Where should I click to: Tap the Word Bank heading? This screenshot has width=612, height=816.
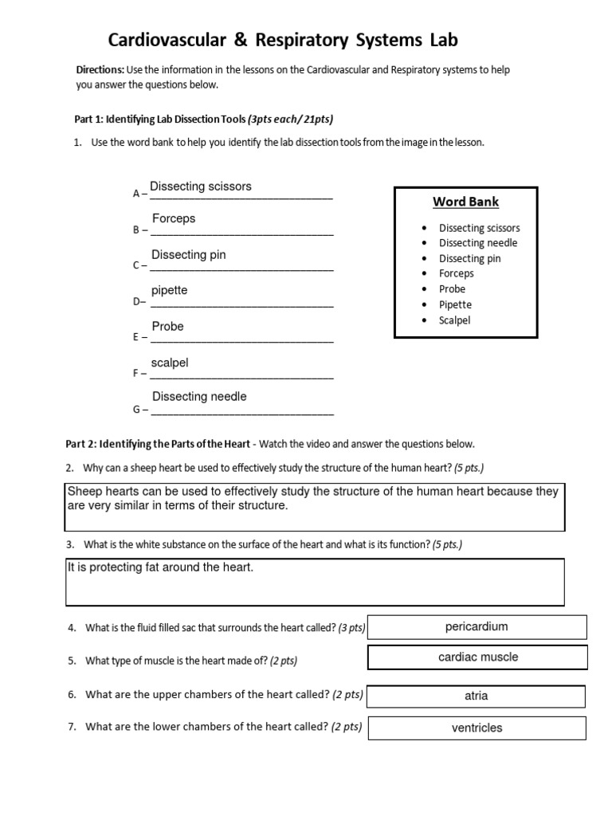pos(465,202)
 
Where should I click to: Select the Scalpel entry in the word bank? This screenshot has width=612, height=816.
pos(454,320)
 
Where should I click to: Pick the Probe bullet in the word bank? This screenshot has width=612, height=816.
pos(452,289)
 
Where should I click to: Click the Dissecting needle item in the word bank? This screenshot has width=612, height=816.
pos(477,243)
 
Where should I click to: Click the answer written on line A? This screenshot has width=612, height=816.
pos(201,186)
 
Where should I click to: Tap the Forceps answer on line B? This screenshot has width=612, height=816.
pos(174,218)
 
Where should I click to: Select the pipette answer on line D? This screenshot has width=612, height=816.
pos(170,290)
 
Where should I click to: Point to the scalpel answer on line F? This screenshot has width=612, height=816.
pos(170,363)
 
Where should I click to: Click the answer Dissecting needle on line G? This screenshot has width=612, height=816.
pos(199,397)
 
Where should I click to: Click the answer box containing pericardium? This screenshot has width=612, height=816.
pos(477,627)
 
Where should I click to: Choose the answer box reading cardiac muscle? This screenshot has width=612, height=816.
pos(477,657)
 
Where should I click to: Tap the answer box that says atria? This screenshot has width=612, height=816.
pos(476,696)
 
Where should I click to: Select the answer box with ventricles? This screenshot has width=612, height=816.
pos(477,728)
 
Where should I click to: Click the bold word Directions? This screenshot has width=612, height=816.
pos(100,70)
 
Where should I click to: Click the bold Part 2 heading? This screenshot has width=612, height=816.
pos(157,444)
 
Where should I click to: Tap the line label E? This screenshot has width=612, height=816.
pos(135,338)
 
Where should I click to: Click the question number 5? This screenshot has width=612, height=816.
pos(71,661)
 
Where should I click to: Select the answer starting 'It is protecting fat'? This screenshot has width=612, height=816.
pos(159,567)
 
